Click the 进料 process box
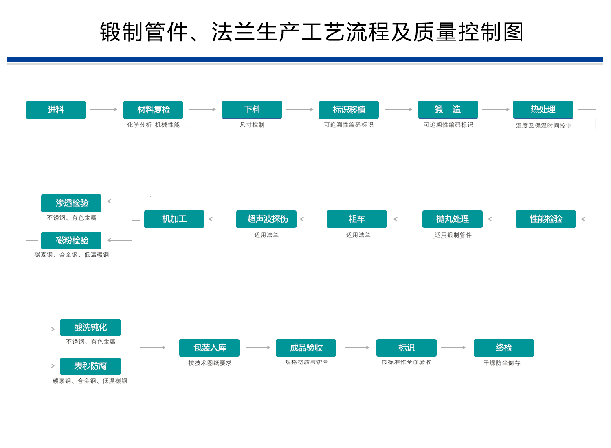(56, 110)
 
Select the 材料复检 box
(153, 110)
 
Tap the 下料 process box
(252, 110)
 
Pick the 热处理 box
(543, 110)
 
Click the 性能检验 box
(545, 219)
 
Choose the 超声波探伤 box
(266, 219)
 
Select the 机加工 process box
(174, 219)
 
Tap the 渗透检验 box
(71, 203)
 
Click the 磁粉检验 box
(71, 241)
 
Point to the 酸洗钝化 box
(90, 327)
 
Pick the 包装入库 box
(209, 348)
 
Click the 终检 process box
(504, 348)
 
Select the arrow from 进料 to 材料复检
(103, 110)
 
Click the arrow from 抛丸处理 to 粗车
(406, 219)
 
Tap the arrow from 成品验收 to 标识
(357, 348)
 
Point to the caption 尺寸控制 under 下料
(252, 125)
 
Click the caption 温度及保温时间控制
(544, 125)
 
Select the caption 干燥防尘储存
(502, 363)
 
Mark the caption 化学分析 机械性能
(153, 125)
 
